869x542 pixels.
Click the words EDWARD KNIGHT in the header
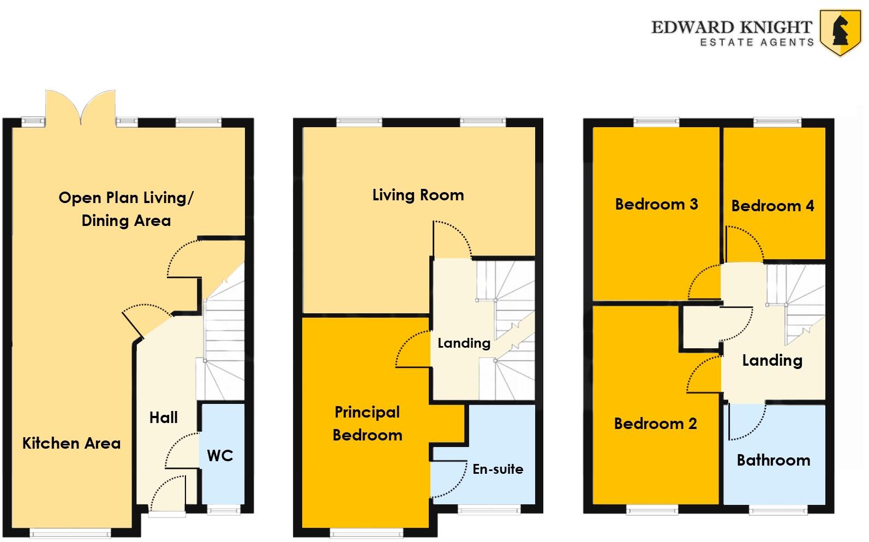coord(732,27)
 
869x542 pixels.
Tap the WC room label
coord(220,455)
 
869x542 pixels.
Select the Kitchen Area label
coord(71,443)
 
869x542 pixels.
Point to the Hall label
coord(164,418)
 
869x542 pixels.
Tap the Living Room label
coord(418,195)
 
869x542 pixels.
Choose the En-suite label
coord(498,469)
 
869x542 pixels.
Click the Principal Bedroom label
coord(367,424)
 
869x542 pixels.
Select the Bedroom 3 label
coord(656,204)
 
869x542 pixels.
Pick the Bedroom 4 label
coord(772,206)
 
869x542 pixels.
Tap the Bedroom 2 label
coord(655,424)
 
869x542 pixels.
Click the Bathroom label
coord(773,460)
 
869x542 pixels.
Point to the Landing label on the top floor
coord(772,360)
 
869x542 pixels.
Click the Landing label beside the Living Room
coord(464,343)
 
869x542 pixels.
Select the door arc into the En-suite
coord(449,479)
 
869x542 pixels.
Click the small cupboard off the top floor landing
coord(701,327)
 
